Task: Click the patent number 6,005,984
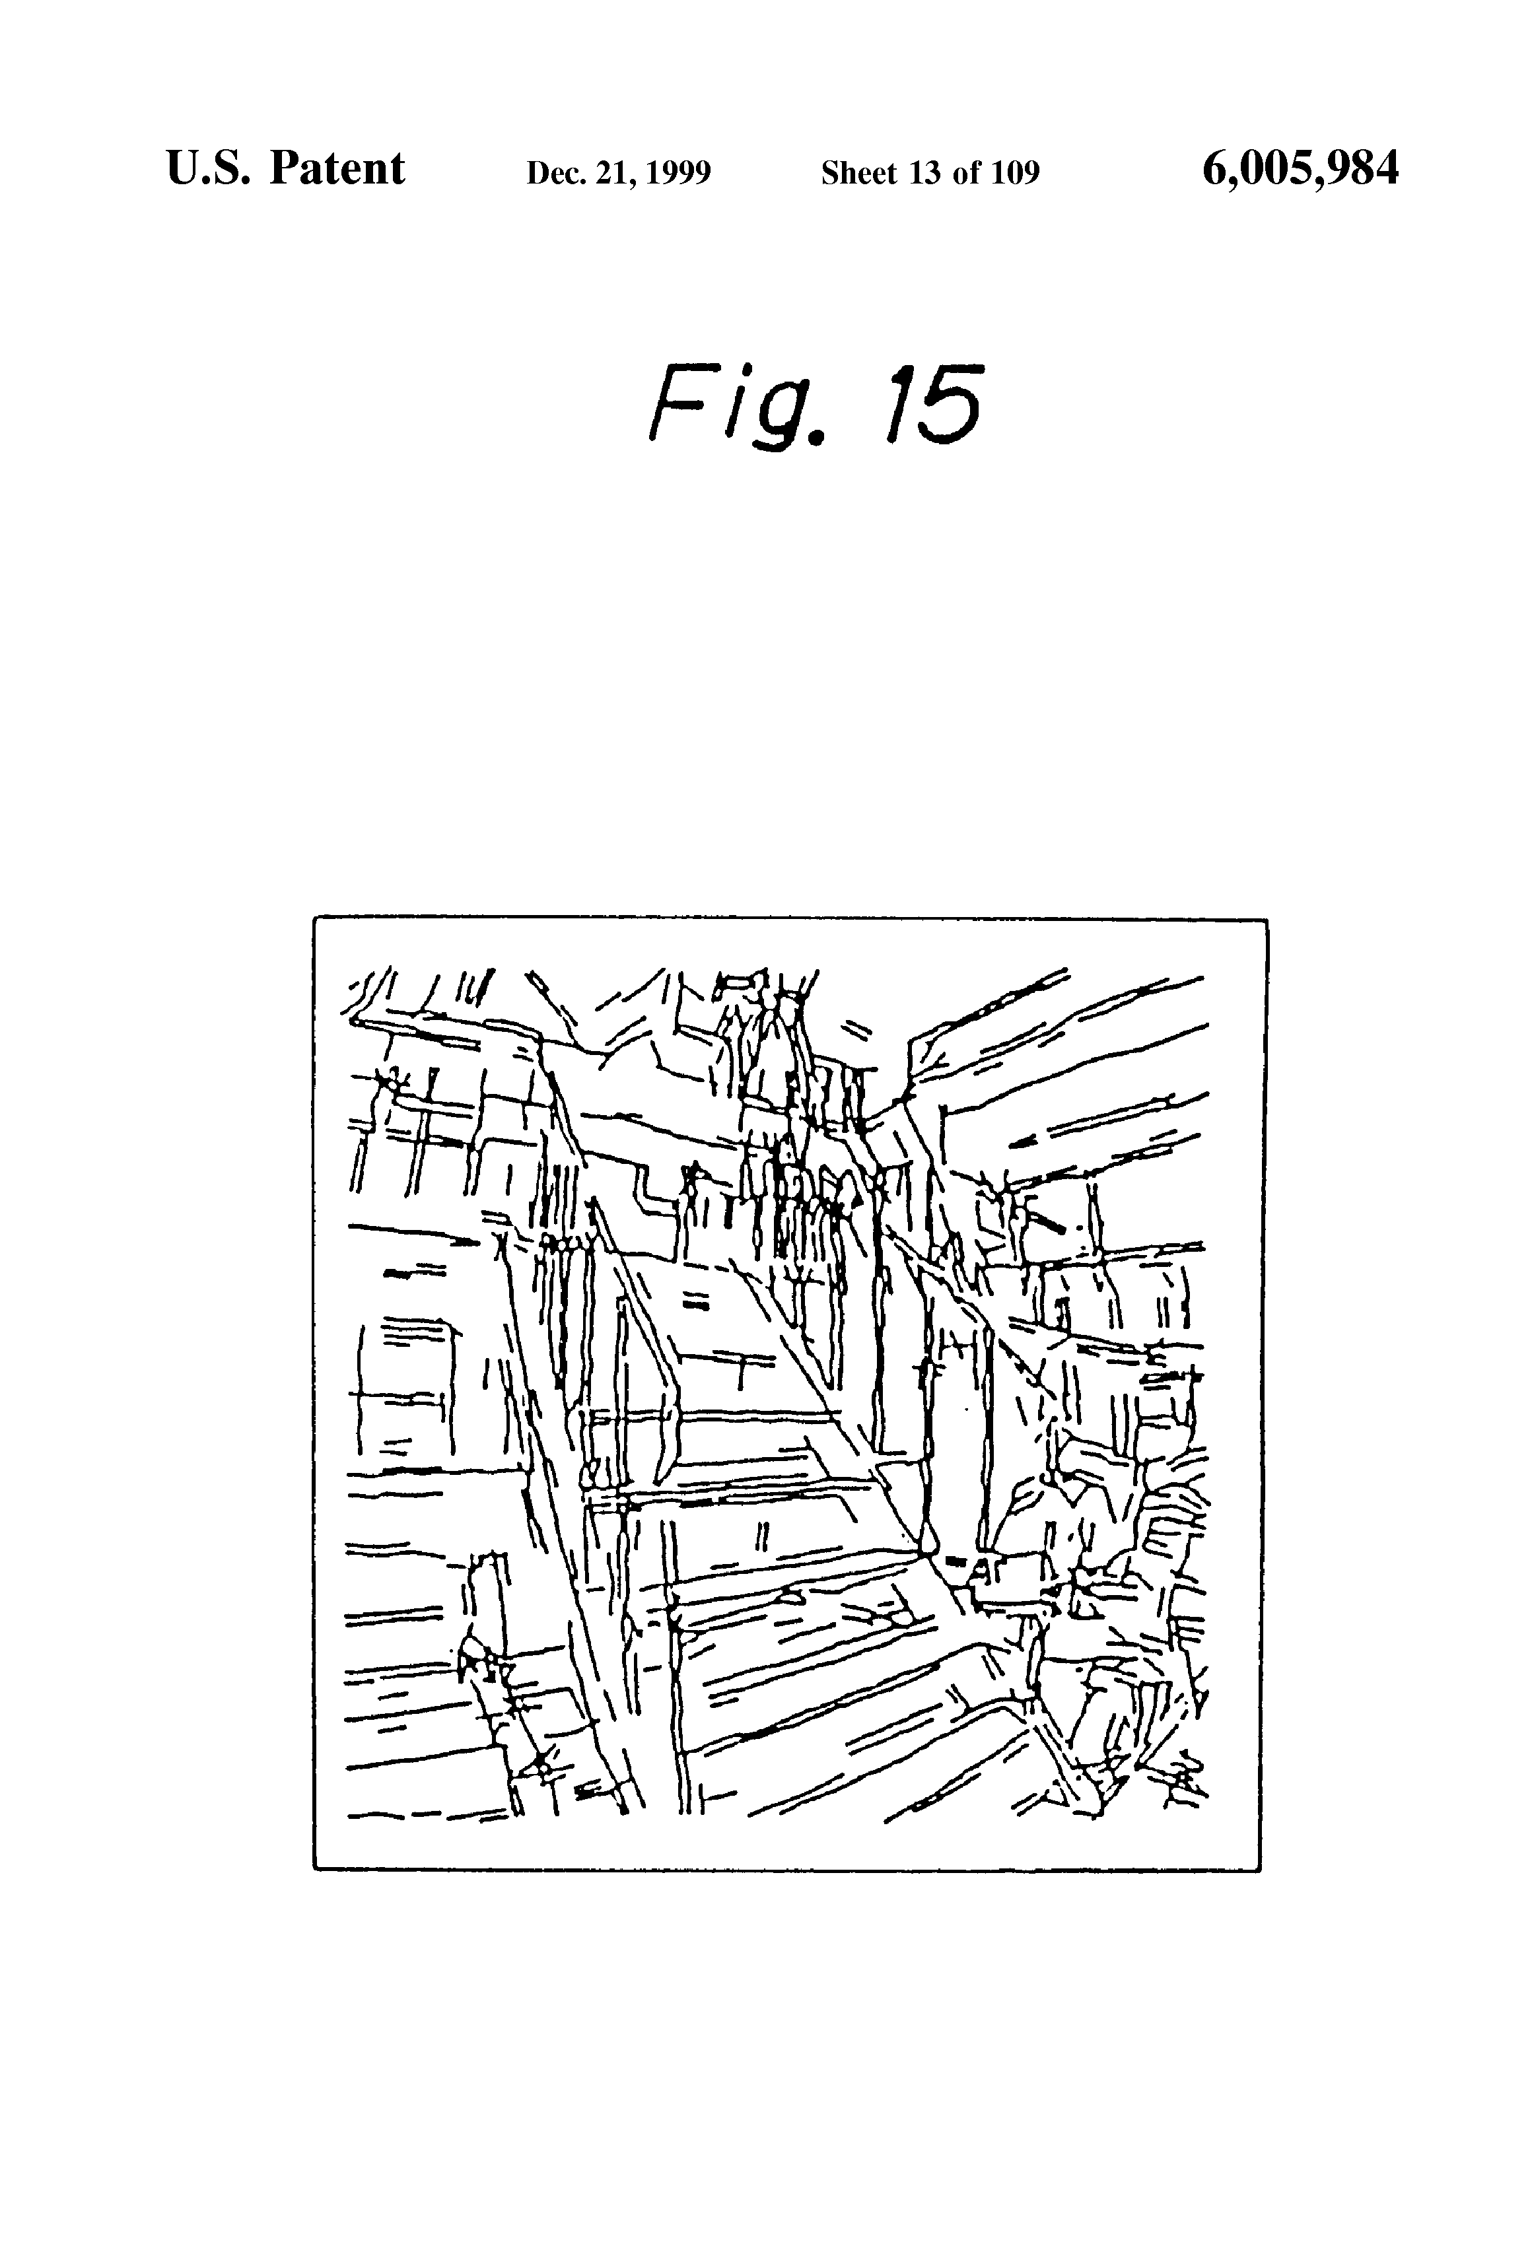point(1300,170)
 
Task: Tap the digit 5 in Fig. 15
point(950,404)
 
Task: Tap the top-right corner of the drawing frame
point(1267,922)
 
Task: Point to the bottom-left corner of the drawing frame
point(315,1870)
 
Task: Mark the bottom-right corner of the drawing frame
point(1260,1870)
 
